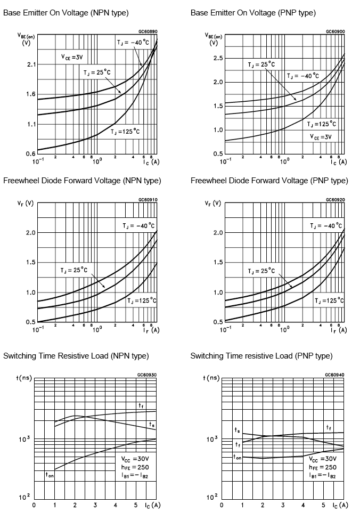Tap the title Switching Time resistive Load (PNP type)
(x=261, y=356)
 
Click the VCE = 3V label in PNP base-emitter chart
(x=321, y=136)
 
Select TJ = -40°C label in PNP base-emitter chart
(x=302, y=76)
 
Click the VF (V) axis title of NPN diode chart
(x=25, y=204)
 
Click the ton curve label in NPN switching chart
(x=50, y=474)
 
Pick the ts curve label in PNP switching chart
(x=237, y=430)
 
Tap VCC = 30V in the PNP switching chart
(x=323, y=458)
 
